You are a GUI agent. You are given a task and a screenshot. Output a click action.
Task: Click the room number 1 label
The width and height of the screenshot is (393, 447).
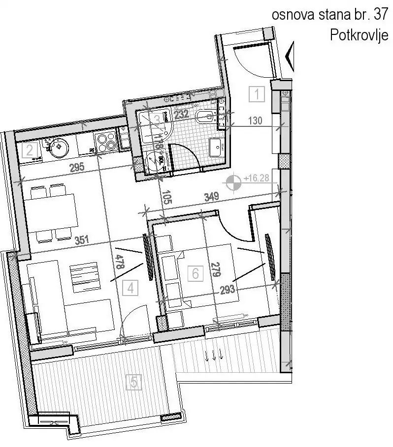pos(257,93)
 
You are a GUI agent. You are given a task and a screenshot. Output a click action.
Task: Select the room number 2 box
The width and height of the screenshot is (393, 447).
pos(30,149)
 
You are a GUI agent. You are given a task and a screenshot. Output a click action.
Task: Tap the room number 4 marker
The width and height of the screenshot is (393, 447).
pos(130,288)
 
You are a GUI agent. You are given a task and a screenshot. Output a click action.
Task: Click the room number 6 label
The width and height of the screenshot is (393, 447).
pos(196,273)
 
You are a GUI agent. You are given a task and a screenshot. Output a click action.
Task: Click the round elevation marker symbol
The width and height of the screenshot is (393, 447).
pos(233,183)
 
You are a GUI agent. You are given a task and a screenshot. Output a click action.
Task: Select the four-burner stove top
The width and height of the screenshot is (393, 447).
pos(106,142)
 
